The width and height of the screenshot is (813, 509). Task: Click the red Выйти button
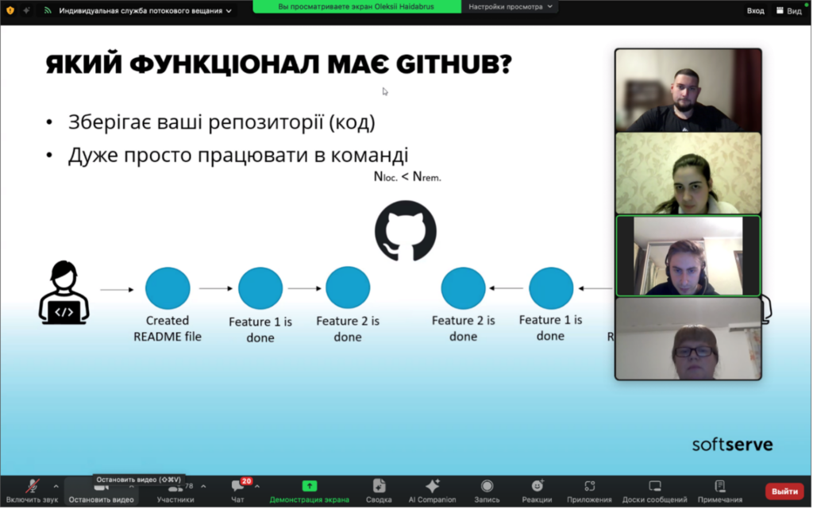click(784, 492)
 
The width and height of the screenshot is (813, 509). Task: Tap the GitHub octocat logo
click(406, 231)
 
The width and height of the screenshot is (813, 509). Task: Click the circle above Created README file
click(168, 288)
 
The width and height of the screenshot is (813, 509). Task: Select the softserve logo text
click(732, 444)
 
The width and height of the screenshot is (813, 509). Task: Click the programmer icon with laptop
click(64, 293)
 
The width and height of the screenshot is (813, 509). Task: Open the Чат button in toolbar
click(238, 491)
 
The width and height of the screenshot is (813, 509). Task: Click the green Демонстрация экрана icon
click(310, 486)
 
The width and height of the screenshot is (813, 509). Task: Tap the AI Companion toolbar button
click(432, 491)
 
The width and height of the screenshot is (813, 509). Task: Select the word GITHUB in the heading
click(454, 65)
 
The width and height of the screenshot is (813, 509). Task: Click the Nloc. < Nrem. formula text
click(407, 177)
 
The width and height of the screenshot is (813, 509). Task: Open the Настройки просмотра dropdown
click(511, 6)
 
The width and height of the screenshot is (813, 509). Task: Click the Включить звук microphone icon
click(32, 486)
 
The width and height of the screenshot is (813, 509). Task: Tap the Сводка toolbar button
click(379, 491)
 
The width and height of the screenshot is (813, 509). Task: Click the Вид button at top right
click(788, 10)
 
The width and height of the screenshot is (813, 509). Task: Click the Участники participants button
click(175, 491)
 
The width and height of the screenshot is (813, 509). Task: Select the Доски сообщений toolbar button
click(654, 491)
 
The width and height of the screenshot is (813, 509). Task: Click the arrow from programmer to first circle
click(117, 289)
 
